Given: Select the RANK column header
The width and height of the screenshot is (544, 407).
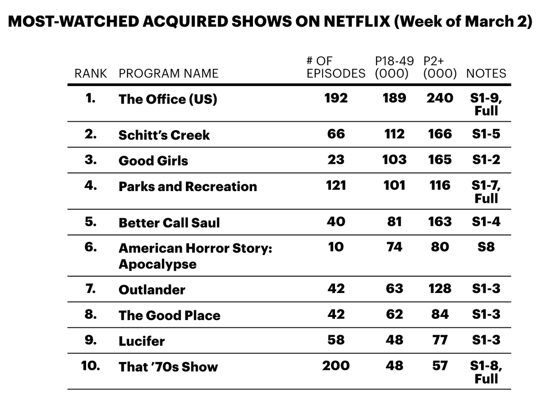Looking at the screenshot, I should pyautogui.click(x=91, y=73).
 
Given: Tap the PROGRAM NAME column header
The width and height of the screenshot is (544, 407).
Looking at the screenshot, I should pyautogui.click(x=169, y=73).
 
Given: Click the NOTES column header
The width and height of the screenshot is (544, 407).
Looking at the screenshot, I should pyautogui.click(x=486, y=73).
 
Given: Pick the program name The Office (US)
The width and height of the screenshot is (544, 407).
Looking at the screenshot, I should pyautogui.click(x=168, y=99).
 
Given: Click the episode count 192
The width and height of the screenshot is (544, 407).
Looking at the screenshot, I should pyautogui.click(x=336, y=98).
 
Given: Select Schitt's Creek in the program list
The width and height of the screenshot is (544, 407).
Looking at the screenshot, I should pyautogui.click(x=164, y=135).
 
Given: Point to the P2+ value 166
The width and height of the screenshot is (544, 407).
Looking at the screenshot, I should pyautogui.click(x=439, y=134).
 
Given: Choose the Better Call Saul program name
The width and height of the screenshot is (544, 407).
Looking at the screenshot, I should pyautogui.click(x=169, y=223).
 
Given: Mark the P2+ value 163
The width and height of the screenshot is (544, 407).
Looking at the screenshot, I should pyautogui.click(x=439, y=222).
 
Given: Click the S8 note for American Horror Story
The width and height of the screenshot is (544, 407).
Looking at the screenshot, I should pyautogui.click(x=486, y=247).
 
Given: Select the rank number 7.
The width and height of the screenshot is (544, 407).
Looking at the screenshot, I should pyautogui.click(x=90, y=289).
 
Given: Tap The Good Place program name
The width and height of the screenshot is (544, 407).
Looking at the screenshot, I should pyautogui.click(x=170, y=316).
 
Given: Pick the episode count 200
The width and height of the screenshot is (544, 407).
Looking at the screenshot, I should pyautogui.click(x=336, y=366).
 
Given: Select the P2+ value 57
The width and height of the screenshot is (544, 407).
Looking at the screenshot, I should pyautogui.click(x=439, y=366).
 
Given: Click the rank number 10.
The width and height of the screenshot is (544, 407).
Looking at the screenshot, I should pyautogui.click(x=90, y=366).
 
